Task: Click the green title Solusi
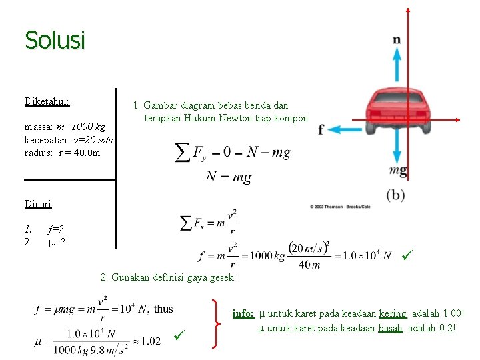click(55, 41)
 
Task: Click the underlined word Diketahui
click(47, 102)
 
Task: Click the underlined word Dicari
click(39, 203)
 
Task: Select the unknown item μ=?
click(57, 241)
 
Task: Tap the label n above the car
click(397, 40)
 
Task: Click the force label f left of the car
click(321, 129)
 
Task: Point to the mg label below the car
click(398, 171)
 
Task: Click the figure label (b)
click(396, 195)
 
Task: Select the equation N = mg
click(228, 177)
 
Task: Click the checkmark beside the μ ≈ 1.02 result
click(178, 334)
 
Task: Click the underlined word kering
click(393, 313)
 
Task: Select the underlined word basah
click(390, 328)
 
